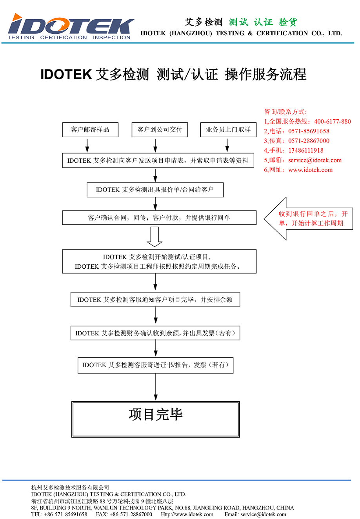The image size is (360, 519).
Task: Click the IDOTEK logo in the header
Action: click(x=71, y=27)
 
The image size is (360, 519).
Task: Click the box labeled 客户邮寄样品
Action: click(x=90, y=130)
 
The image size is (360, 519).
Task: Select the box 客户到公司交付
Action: click(x=160, y=130)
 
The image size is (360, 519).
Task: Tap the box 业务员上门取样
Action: click(x=228, y=130)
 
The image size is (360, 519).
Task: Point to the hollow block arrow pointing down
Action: click(x=155, y=237)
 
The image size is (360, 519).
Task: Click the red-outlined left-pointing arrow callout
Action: click(x=308, y=219)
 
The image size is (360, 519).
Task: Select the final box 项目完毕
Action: click(x=156, y=419)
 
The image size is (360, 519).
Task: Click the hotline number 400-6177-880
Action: click(x=332, y=122)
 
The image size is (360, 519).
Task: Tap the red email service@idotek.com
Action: click(x=315, y=160)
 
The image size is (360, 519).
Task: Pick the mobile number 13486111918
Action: click(x=305, y=151)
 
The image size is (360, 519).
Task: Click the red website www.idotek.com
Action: click(x=310, y=170)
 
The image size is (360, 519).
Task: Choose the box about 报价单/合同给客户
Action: click(x=155, y=190)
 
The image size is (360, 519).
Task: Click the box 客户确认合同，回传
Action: click(x=159, y=218)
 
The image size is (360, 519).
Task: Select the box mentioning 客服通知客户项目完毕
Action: click(x=155, y=300)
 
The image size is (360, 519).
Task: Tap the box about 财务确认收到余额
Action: click(x=155, y=333)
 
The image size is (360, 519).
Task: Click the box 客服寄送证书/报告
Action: click(x=155, y=365)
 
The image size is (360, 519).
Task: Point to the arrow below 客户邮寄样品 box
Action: click(x=87, y=146)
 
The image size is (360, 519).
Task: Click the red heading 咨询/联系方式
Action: click(x=285, y=112)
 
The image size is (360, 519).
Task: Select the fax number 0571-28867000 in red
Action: click(x=309, y=141)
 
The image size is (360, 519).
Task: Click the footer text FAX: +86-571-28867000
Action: click(x=124, y=514)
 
